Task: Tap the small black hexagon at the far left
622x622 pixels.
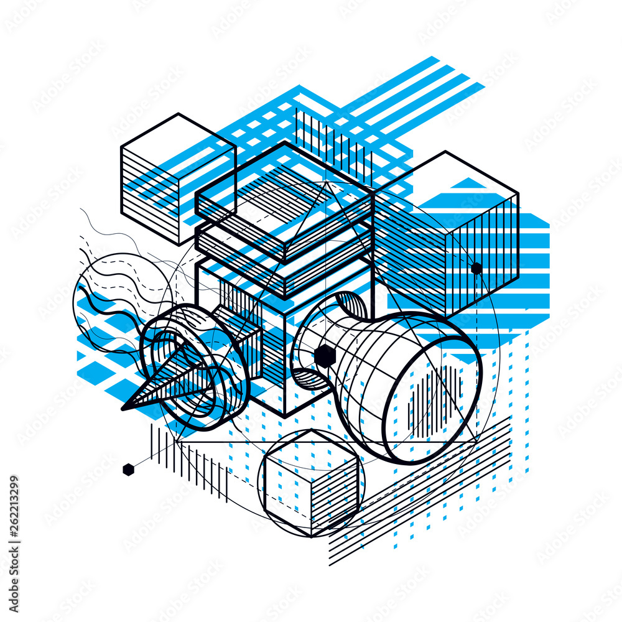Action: [x=128, y=470]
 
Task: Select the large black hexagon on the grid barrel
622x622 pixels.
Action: [x=325, y=356]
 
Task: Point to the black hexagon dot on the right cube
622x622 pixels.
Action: [x=476, y=269]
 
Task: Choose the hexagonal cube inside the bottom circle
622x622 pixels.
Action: [x=311, y=482]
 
